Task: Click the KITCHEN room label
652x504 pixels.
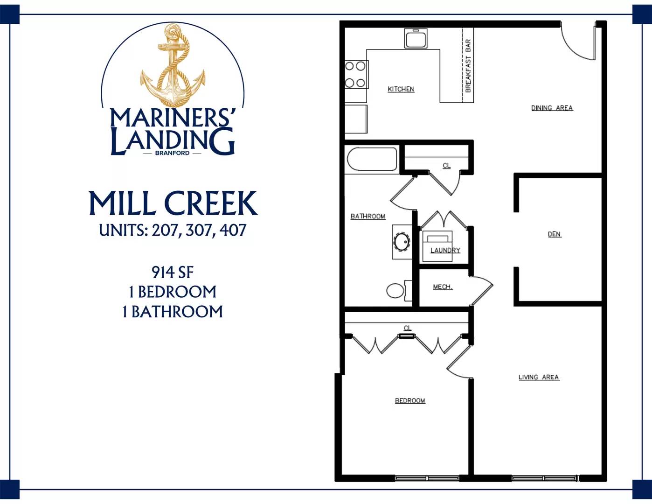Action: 401,89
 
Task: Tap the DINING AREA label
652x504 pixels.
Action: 552,108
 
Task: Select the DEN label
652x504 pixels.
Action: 554,234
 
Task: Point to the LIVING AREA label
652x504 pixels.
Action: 539,378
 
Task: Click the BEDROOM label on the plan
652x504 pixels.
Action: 410,401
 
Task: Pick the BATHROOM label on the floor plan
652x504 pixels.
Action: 368,217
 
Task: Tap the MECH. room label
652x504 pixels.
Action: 443,287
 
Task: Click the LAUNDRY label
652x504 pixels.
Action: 445,250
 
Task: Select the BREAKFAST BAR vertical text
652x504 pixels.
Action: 468,66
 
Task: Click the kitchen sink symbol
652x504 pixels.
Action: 416,38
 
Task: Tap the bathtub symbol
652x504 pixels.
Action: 372,159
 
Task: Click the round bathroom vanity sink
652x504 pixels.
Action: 402,242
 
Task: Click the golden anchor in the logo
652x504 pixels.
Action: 173,65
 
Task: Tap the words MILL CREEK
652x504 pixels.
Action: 173,203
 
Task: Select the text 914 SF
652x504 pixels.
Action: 173,273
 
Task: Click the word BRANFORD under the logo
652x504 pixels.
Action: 173,153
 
